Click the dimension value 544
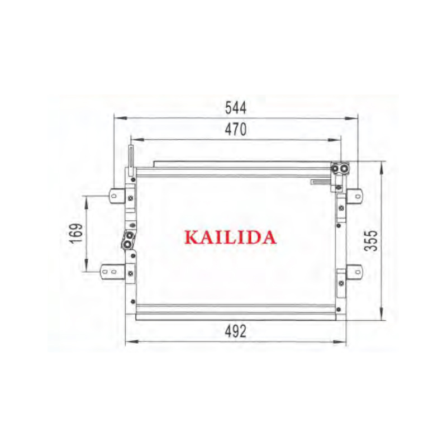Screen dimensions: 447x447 coord(235,107)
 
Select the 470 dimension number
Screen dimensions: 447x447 coord(235,130)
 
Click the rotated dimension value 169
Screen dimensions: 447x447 coord(77,233)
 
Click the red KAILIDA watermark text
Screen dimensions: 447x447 coord(230,237)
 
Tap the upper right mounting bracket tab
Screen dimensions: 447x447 coord(355,196)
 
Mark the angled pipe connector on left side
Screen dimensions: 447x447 coord(128,241)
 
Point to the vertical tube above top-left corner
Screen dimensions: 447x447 coord(130,159)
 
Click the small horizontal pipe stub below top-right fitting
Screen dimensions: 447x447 coord(321,181)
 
